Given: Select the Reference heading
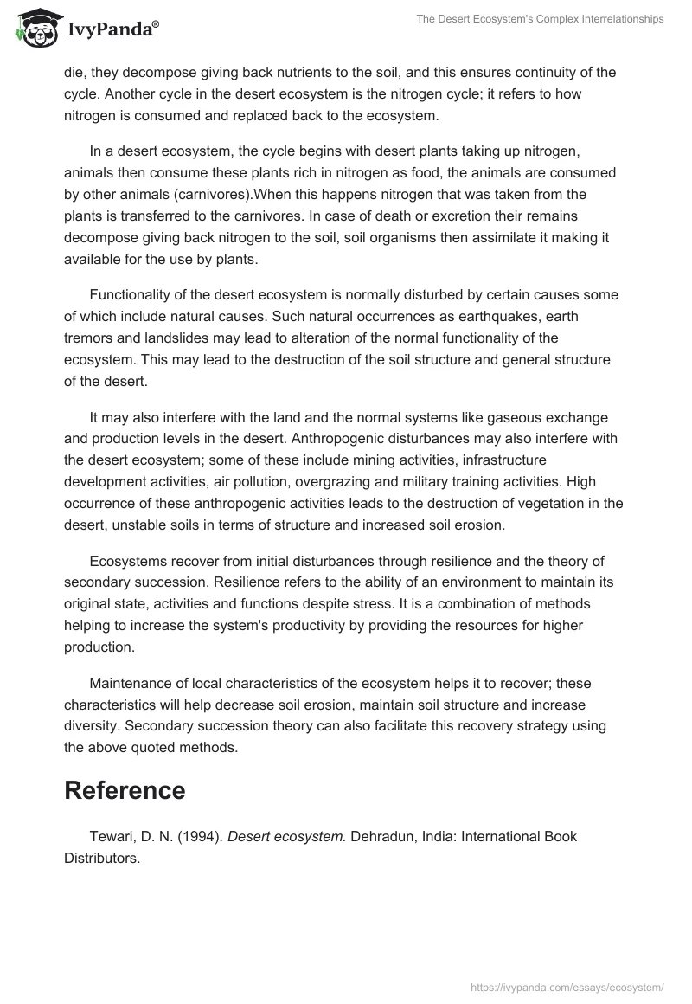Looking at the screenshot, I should pos(125,790).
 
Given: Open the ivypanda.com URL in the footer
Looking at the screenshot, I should pos(567,987).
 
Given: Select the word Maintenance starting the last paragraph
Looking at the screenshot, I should pos(131,684).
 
